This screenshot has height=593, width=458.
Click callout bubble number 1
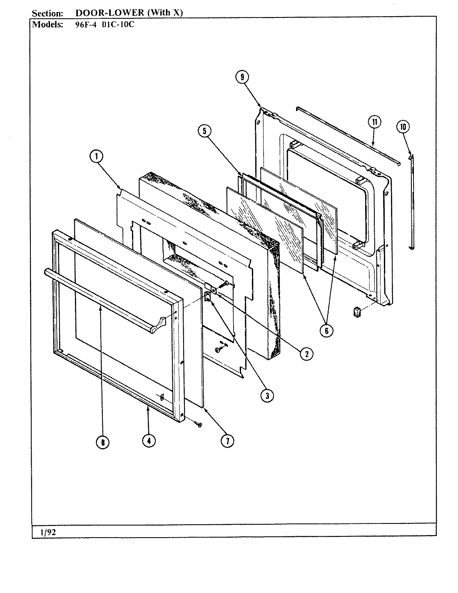pyautogui.click(x=96, y=157)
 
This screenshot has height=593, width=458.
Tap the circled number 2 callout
pyautogui.click(x=306, y=354)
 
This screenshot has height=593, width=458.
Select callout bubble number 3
pyautogui.click(x=267, y=396)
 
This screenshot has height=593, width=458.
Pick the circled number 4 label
pyautogui.click(x=149, y=441)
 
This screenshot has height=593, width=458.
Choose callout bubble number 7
pyautogui.click(x=227, y=441)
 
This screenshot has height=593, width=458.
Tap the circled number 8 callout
pyautogui.click(x=102, y=443)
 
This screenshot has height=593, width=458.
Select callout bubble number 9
pyautogui.click(x=242, y=77)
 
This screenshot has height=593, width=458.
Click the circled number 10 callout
pyautogui.click(x=403, y=127)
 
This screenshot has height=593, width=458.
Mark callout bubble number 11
pyautogui.click(x=375, y=122)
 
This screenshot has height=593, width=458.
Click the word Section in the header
pyautogui.click(x=47, y=13)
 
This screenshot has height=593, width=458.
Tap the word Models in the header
pyautogui.click(x=48, y=24)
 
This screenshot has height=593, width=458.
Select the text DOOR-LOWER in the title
pyautogui.click(x=109, y=13)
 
